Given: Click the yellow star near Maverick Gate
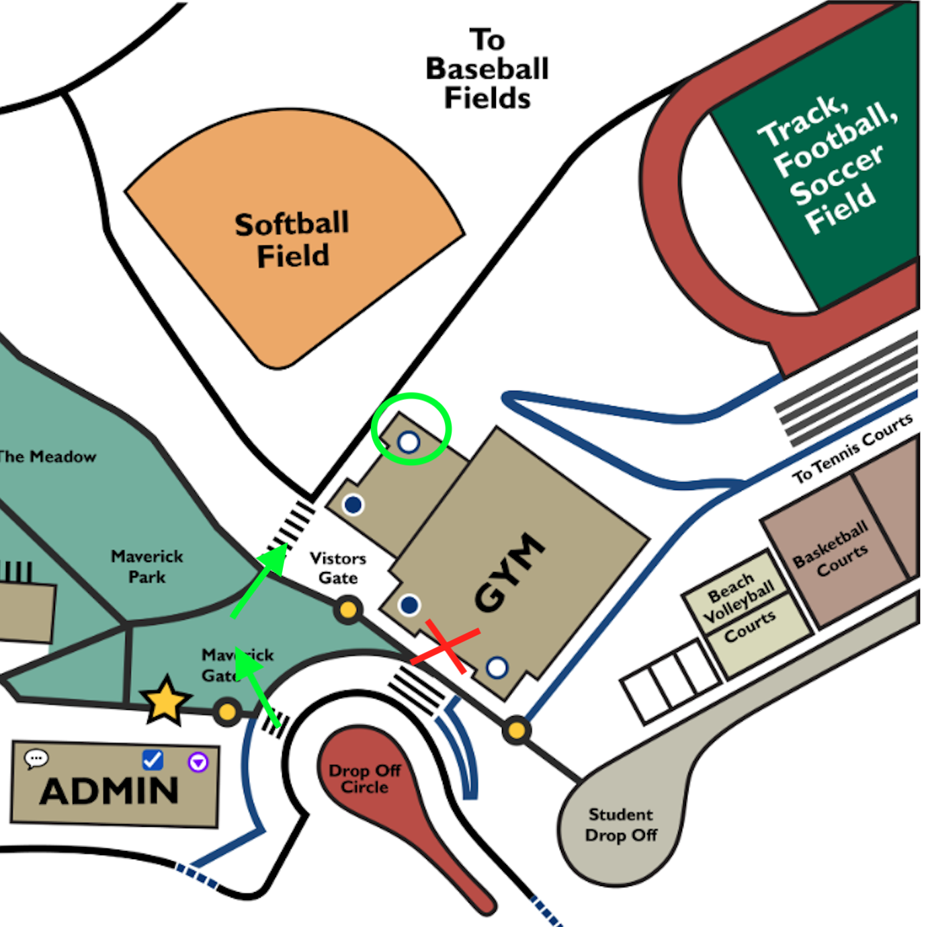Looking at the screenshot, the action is [x=165, y=701].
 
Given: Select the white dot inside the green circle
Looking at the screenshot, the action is [x=409, y=442].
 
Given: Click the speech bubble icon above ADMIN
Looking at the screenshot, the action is [x=36, y=759].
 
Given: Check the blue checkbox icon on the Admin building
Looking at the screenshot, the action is [x=153, y=760].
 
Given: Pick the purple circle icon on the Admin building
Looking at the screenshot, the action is [x=198, y=762].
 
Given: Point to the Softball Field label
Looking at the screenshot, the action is [x=292, y=240].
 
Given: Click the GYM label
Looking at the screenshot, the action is [x=509, y=572].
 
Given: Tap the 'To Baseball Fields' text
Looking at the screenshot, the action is [x=487, y=69].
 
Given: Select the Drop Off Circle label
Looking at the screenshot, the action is [x=364, y=778].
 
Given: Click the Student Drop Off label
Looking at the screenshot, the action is [x=620, y=825].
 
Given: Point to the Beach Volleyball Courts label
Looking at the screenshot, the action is [x=739, y=608].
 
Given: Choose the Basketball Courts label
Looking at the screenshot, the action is [x=831, y=549].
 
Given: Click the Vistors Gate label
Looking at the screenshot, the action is [x=338, y=568].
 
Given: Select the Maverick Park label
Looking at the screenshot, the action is [x=147, y=566].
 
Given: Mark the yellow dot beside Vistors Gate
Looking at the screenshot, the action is [x=348, y=610].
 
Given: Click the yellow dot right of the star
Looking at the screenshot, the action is [x=227, y=711].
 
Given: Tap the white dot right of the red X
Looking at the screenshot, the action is [x=497, y=668].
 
